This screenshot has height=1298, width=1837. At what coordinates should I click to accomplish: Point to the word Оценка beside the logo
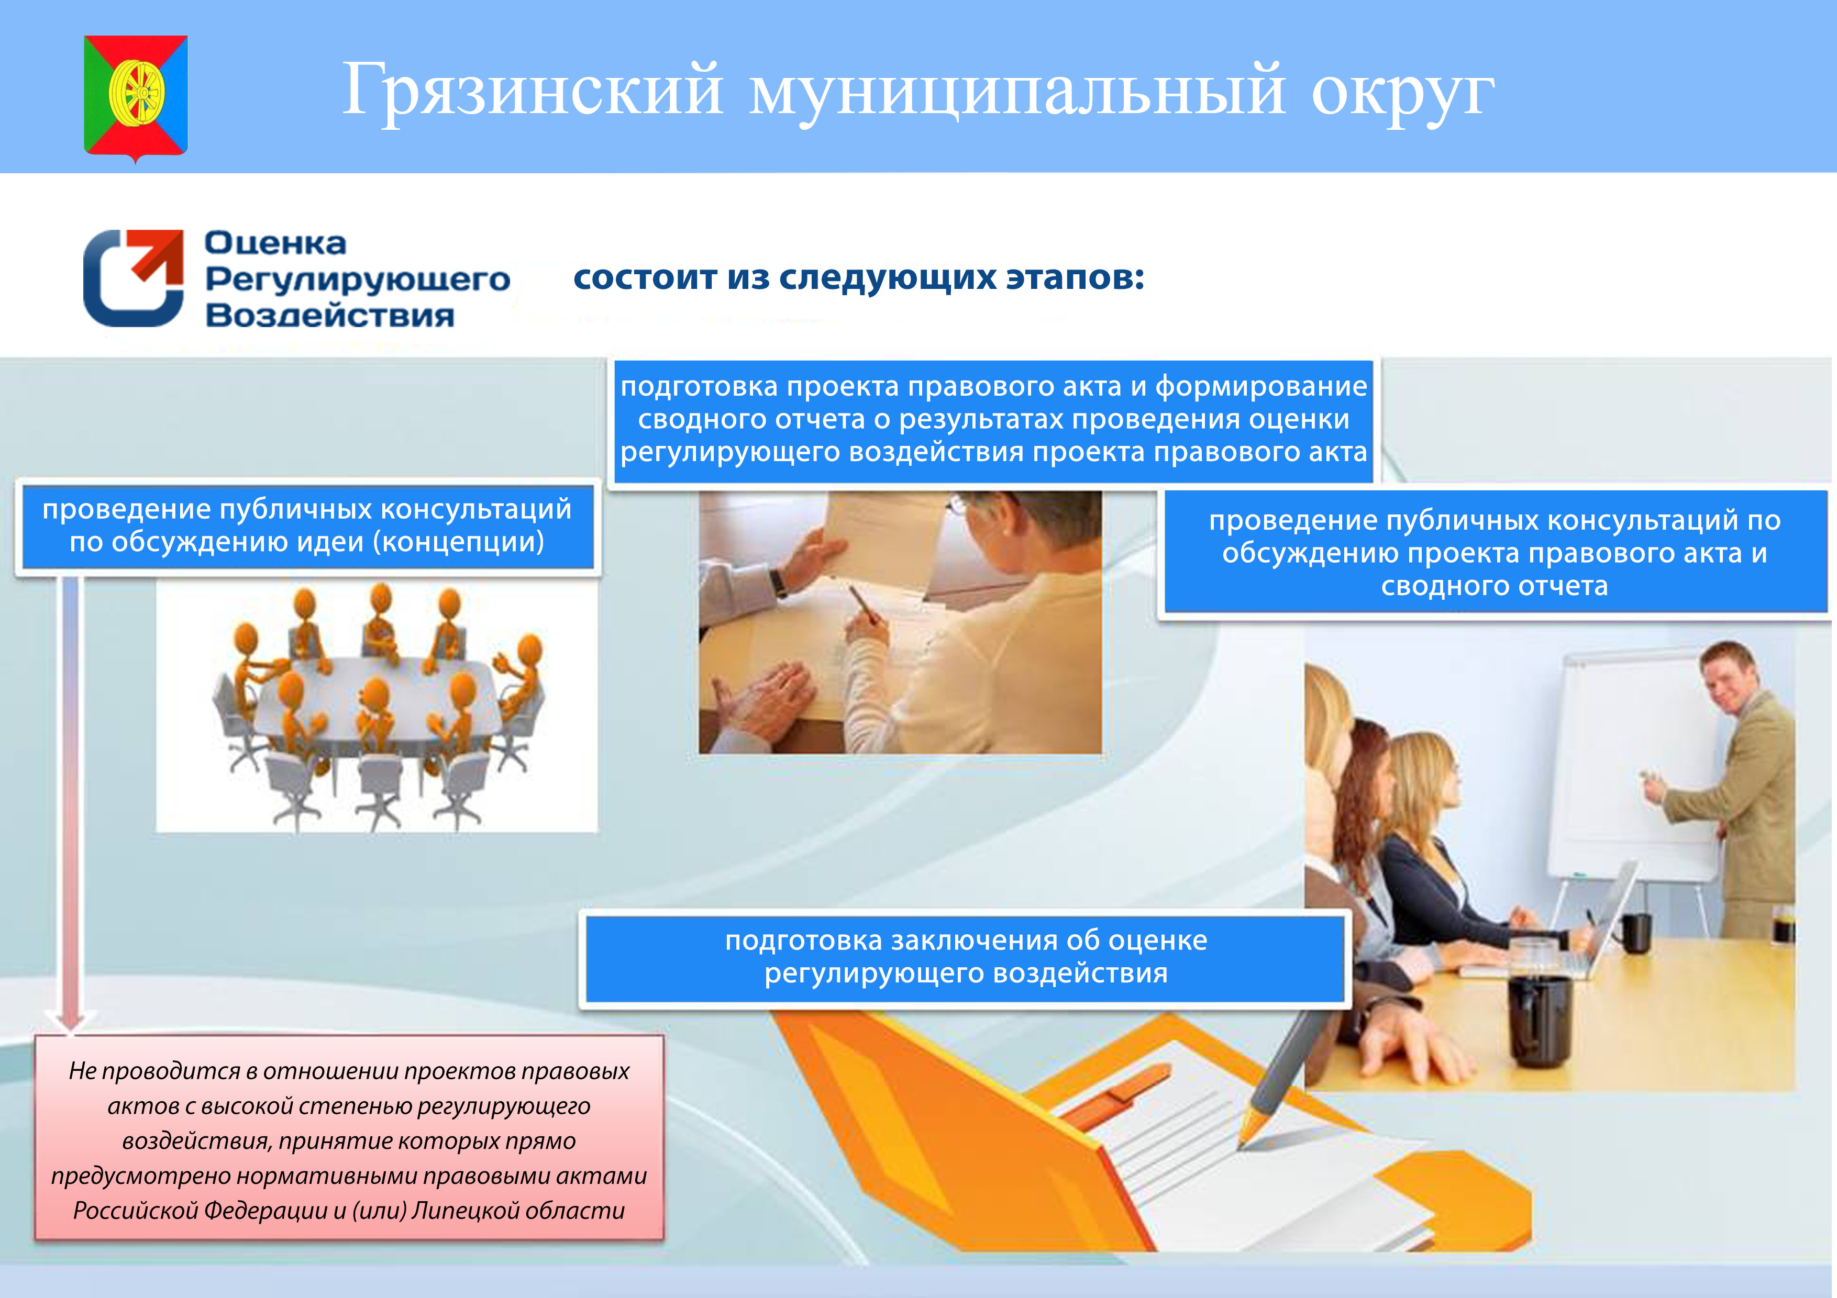[x=275, y=242]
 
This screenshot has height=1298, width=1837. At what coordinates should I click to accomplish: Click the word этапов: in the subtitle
[x=1074, y=277]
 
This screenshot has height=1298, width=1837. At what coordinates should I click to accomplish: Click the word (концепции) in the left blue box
[x=458, y=542]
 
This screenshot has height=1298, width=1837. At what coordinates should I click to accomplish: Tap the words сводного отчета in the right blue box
[x=1494, y=586]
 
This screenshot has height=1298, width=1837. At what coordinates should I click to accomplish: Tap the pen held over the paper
[x=864, y=604]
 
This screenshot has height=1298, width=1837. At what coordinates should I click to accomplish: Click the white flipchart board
[x=1632, y=768]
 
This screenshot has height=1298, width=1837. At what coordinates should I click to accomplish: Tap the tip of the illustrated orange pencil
[x=1240, y=1147]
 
